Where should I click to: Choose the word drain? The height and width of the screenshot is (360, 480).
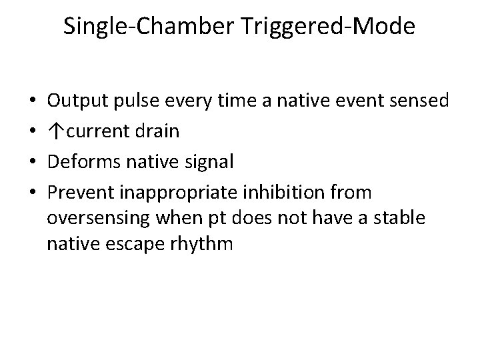[158, 131]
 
